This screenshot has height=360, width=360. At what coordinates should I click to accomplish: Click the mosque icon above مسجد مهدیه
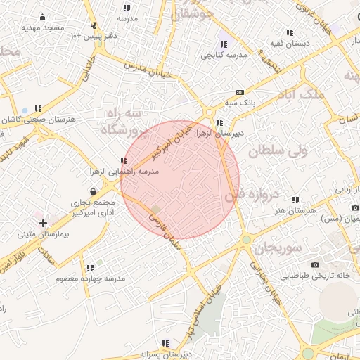[x=43, y=18]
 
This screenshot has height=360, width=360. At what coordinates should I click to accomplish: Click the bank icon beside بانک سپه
[x=240, y=92]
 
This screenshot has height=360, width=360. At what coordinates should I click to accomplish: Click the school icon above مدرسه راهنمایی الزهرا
[x=124, y=161]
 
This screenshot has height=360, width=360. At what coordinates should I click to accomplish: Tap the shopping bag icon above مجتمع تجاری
[x=94, y=191]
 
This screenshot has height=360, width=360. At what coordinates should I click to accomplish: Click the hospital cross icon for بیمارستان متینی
[x=43, y=223]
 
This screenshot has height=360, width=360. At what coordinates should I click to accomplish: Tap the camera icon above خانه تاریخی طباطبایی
[x=315, y=264]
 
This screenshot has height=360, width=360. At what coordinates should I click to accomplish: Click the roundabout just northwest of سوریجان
[x=246, y=240]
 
